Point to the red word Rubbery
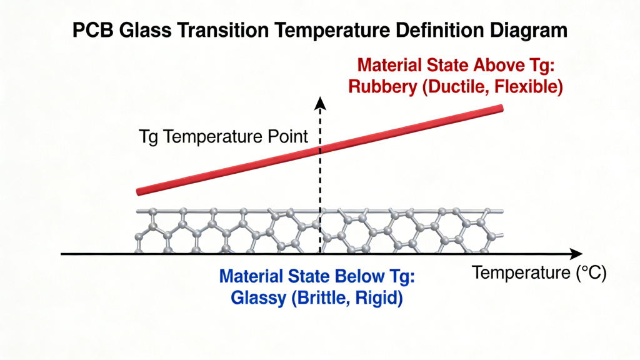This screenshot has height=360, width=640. point(382,87)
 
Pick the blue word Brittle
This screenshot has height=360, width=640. point(324,298)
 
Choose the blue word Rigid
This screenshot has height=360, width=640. point(377,298)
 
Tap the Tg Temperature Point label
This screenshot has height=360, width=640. point(223,137)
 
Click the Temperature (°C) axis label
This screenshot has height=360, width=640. point(539,273)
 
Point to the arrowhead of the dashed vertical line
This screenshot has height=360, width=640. point(321,102)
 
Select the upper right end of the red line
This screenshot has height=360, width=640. point(500,109)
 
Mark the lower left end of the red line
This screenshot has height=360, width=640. point(139,191)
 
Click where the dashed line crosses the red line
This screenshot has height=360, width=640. point(321,150)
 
